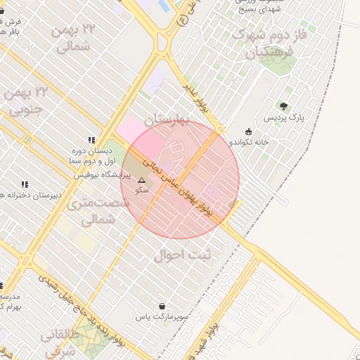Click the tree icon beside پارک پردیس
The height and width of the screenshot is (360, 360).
coord(283,106)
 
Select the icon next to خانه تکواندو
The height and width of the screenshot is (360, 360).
coord(248,131)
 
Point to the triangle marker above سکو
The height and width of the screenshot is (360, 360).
coord(141,180)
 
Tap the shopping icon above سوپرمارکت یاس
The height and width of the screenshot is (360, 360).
coord(163,307)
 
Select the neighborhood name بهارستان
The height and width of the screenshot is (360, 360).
coord(167,121)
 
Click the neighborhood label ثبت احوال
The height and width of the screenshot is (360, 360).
coord(182,255)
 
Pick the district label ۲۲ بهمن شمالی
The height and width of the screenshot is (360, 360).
coord(72,38)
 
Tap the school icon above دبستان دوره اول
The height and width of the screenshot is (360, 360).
coord(91,140)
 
